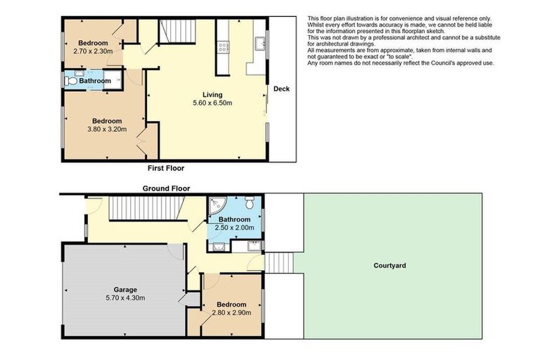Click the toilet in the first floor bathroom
[70, 82]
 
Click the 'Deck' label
[281, 89]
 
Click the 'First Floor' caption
[166, 169]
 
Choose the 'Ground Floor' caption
[166, 188]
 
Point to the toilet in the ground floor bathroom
[249, 203]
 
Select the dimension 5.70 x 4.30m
[124, 297]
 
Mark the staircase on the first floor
[172, 32]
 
